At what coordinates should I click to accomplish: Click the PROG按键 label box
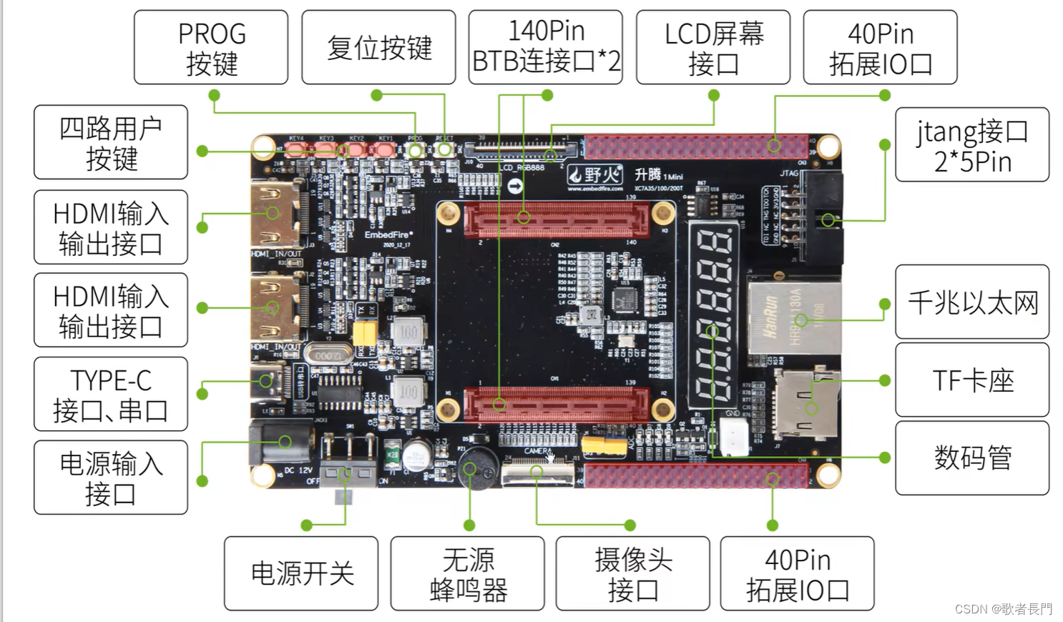click(x=211, y=48)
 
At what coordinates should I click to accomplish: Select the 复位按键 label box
click(x=378, y=48)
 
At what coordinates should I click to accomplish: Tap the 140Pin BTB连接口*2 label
click(x=546, y=48)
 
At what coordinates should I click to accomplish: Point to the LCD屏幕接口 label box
click(x=713, y=48)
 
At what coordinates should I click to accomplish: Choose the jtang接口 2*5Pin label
click(x=972, y=145)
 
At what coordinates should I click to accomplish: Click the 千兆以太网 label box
click(x=972, y=302)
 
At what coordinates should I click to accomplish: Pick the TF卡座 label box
click(x=972, y=380)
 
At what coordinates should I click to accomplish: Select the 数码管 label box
click(x=972, y=458)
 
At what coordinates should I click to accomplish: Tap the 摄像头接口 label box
click(x=633, y=574)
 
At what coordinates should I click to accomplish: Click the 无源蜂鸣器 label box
click(x=468, y=574)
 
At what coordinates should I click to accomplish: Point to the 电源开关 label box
click(x=301, y=574)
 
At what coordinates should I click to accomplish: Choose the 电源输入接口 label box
click(x=111, y=478)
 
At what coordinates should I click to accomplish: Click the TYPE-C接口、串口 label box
click(x=111, y=395)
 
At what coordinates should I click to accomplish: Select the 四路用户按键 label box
click(x=111, y=142)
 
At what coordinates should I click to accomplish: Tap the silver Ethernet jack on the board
click(x=793, y=317)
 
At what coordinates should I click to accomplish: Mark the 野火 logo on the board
click(x=595, y=174)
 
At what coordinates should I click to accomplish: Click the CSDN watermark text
click(x=1004, y=609)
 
